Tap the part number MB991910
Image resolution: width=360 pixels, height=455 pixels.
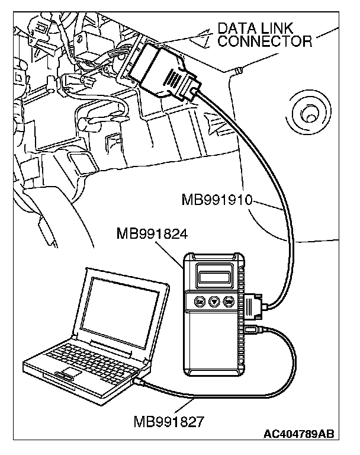[x=217, y=201]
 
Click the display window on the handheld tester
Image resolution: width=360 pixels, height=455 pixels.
[x=214, y=275]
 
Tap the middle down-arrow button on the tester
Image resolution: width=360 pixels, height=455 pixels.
[x=214, y=302]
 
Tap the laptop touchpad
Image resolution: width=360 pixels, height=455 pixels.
[x=66, y=372]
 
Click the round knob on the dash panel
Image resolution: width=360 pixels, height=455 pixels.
[x=307, y=113]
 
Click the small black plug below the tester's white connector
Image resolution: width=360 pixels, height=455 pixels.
[x=251, y=329]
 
